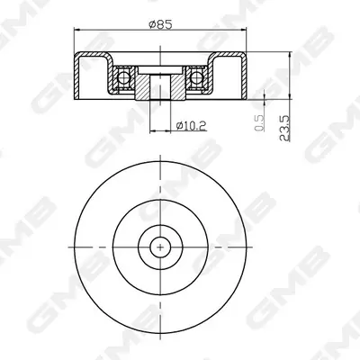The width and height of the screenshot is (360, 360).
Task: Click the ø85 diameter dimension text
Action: pyautogui.click(x=161, y=24)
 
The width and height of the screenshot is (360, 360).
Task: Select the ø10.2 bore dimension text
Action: pyautogui.click(x=192, y=125)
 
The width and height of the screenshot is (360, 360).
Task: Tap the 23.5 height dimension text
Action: pyautogui.click(x=284, y=128)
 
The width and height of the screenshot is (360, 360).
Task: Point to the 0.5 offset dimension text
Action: pyautogui.click(x=259, y=123)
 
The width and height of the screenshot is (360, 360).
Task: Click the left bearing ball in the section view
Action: pyautogui.click(x=122, y=77)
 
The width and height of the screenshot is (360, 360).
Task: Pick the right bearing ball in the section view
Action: pyautogui.click(x=196, y=77)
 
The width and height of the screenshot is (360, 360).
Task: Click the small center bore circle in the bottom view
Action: pyautogui.click(x=160, y=247)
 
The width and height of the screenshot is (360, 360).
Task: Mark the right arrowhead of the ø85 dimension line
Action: pyautogui.click(x=243, y=30)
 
